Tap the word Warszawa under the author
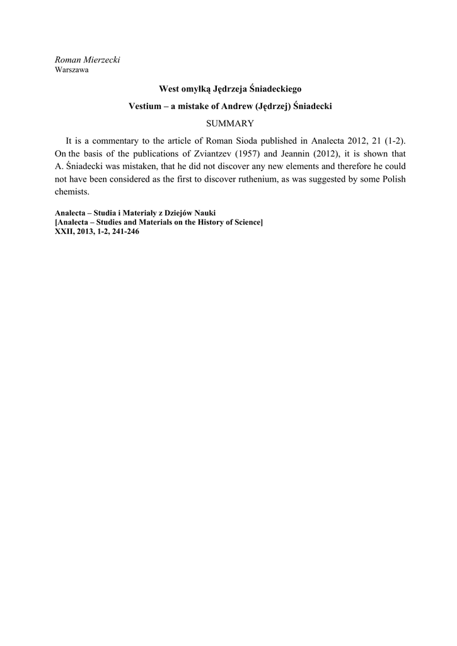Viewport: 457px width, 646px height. coord(71,70)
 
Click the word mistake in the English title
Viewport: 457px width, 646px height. coord(203,107)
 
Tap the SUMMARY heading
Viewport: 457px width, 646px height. coord(229,124)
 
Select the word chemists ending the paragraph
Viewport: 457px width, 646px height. coord(72,192)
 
